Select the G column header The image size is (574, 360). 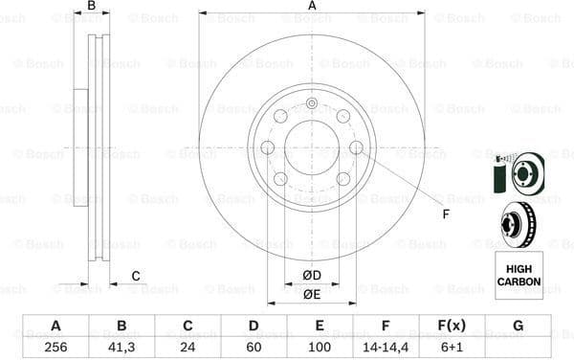tap(518, 326)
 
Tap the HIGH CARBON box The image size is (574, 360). tap(518, 276)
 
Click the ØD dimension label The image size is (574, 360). tap(312, 276)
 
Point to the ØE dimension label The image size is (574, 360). tap(312, 294)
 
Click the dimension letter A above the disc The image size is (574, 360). tap(312, 7)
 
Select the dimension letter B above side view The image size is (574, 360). tap(92, 7)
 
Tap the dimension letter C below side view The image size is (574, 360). tap(136, 277)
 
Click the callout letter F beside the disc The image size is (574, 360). tap(444, 214)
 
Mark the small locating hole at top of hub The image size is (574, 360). tap(312, 104)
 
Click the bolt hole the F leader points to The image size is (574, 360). tap(356, 147)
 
